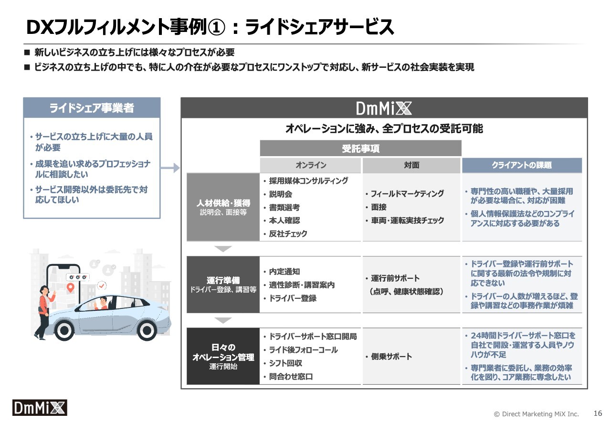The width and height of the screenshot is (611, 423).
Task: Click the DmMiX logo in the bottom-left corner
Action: pos(40,408)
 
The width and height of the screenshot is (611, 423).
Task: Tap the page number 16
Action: pos(598,413)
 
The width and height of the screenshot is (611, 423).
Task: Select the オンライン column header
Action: pos(310,165)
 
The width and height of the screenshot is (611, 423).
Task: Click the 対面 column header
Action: pos(411,165)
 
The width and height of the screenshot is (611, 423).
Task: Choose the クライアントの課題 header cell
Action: pos(522,165)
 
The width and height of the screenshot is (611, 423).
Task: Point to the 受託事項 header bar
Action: pos(360,148)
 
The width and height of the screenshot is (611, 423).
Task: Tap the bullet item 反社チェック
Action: pos(288,233)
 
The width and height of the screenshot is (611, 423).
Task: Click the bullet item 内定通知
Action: pos(284,272)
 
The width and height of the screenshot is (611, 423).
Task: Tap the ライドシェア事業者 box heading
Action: pos(92,108)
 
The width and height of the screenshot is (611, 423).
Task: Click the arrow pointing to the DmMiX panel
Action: pos(170,168)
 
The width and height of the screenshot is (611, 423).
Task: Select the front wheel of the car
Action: pos(147,330)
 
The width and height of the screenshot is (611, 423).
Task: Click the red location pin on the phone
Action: pos(71,287)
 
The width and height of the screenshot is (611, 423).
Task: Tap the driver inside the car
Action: pos(102,303)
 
